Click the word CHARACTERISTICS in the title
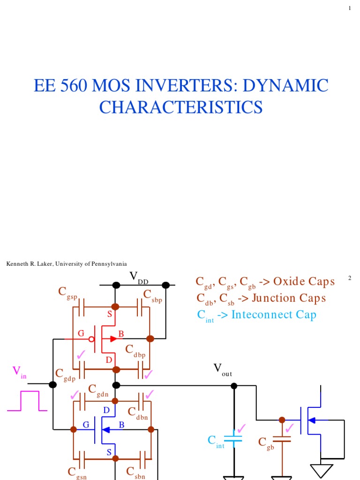(x=180, y=107)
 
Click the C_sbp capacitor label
(x=152, y=296)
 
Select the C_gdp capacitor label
(x=66, y=374)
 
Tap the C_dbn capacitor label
(x=138, y=413)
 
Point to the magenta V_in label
(x=19, y=373)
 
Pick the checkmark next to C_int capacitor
(x=241, y=428)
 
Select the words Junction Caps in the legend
(x=288, y=298)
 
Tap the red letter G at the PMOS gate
(x=81, y=334)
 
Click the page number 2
(x=350, y=278)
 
